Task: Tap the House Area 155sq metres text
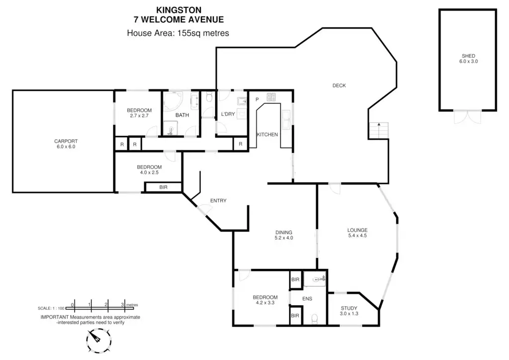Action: pos(178,33)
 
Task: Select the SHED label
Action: pos(468,56)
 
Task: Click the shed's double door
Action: pos(468,116)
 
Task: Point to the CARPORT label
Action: pos(65,141)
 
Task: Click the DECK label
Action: pos(339,86)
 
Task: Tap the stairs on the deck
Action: pos(378,131)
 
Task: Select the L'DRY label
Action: pos(228,114)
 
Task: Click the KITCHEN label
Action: pos(267,135)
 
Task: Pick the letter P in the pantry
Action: pos(257,99)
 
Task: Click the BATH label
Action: pos(182,115)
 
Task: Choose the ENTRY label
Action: pos(218,201)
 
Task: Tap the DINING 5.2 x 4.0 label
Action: pos(284,235)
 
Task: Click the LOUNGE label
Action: pos(357,230)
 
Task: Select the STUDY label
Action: pos(349,308)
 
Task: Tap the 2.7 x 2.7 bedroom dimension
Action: pos(139,116)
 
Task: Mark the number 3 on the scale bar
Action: pos(122,305)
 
